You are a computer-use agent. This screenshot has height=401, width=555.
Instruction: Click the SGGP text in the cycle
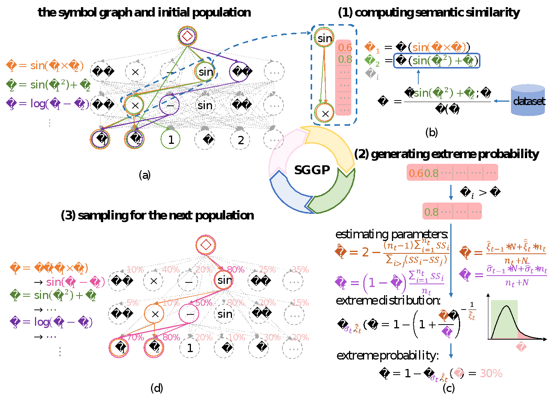[x=312, y=170]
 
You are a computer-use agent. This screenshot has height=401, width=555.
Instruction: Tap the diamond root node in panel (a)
[x=188, y=36]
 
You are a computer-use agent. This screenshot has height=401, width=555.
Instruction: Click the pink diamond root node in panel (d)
[x=206, y=245]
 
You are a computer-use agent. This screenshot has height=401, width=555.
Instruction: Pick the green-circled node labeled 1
[x=171, y=140]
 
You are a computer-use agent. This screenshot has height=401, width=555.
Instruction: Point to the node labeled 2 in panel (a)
[x=240, y=140]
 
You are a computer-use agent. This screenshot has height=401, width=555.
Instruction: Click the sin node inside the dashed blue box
[x=324, y=38]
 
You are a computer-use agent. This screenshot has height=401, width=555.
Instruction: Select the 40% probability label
[x=171, y=270]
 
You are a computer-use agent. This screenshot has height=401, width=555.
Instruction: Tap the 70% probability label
[x=136, y=337]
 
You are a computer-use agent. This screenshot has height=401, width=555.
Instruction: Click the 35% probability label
[x=300, y=270]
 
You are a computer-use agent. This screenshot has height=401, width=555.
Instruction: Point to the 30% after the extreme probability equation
[x=491, y=373]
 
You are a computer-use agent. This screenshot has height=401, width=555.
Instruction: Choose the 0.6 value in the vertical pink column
[x=345, y=47]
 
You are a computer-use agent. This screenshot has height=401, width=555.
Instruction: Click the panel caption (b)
[x=431, y=132]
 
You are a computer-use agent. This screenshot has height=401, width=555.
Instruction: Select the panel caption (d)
[x=157, y=388]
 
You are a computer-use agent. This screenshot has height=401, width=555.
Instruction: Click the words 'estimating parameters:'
[x=392, y=234]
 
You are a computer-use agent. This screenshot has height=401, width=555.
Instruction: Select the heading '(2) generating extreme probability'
[x=447, y=154]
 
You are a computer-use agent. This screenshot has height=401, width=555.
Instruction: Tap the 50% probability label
[x=204, y=303]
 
